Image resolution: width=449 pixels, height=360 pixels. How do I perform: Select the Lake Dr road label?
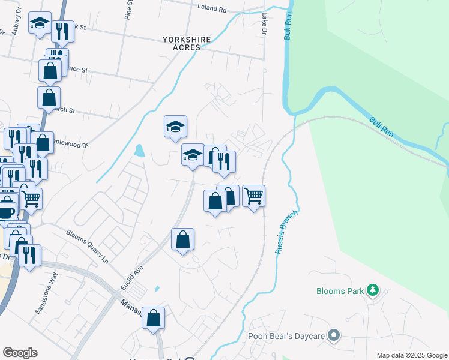(x=263, y=24)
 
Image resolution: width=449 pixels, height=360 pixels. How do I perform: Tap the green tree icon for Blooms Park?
(x=373, y=290)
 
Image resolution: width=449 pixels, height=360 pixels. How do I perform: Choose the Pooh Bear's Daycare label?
(x=286, y=336)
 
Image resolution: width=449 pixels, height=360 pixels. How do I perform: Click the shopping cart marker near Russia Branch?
(x=254, y=196)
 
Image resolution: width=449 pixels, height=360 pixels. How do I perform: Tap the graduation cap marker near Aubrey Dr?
(x=40, y=24)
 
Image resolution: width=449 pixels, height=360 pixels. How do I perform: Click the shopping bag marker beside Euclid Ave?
(x=182, y=239)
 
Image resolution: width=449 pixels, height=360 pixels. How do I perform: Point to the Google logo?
(x=20, y=353)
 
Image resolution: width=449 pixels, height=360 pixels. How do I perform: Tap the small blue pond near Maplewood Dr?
(x=139, y=151)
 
